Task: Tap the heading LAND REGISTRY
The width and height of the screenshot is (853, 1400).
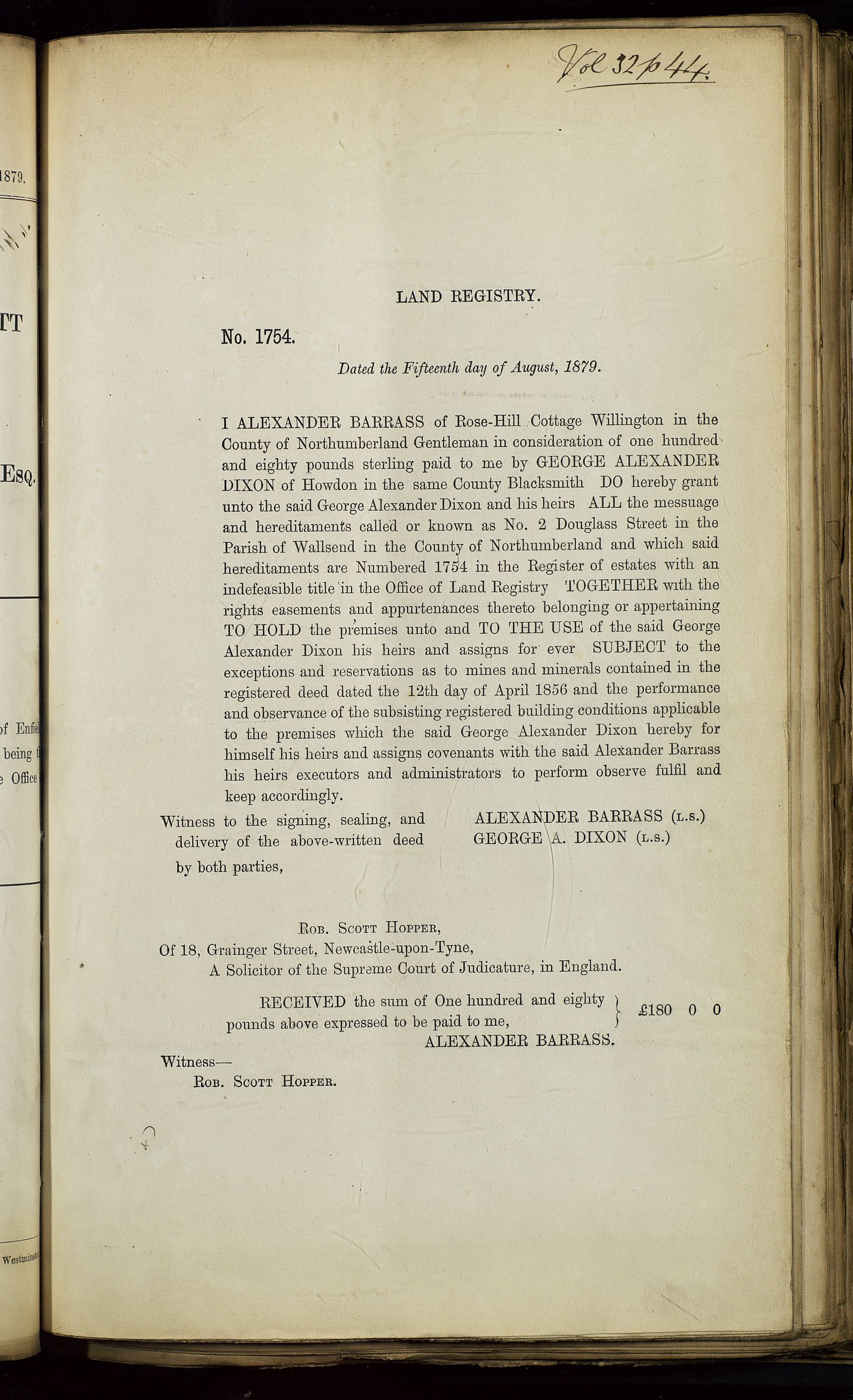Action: click(x=467, y=296)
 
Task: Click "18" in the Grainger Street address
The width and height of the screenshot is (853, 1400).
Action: click(x=189, y=950)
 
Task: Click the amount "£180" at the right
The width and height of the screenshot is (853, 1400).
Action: click(x=655, y=1010)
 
